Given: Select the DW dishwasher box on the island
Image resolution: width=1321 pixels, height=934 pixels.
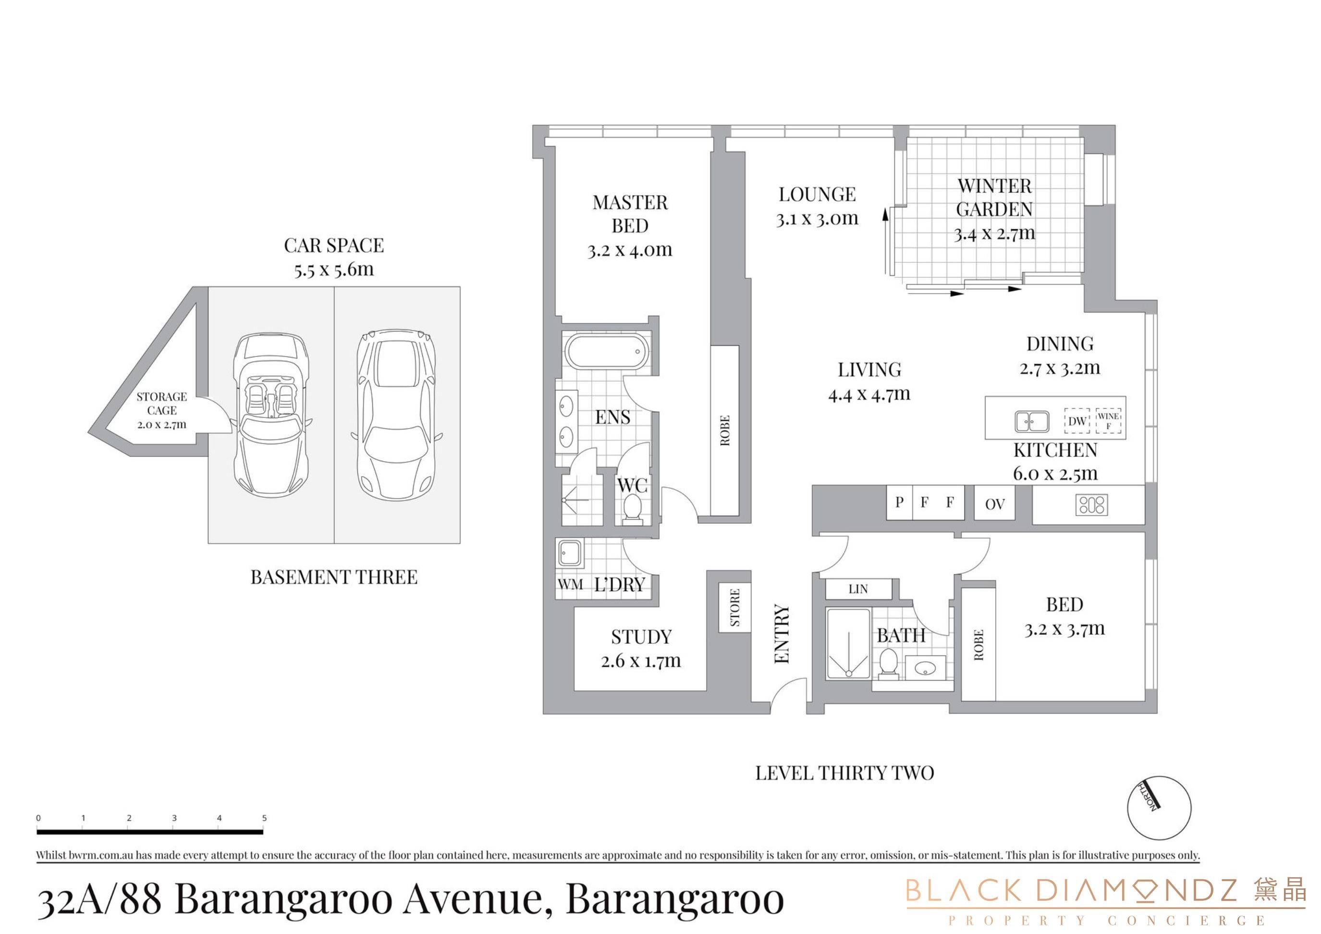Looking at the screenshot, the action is click(1077, 421).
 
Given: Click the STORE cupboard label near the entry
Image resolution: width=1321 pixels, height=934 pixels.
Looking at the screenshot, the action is click(735, 607).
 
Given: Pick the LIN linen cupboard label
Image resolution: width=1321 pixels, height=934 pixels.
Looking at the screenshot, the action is click(858, 589).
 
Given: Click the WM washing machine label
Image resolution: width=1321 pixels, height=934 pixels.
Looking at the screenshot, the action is click(571, 584).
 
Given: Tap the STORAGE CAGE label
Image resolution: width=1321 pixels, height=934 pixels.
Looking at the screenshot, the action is click(162, 404).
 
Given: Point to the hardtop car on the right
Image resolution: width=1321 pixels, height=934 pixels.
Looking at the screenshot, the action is click(396, 416).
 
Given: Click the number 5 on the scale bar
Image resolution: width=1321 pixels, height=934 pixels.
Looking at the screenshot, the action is click(265, 818).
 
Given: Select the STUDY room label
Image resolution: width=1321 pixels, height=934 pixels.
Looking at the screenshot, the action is click(641, 637).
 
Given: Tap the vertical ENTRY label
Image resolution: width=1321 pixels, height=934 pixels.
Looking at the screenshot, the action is click(782, 634).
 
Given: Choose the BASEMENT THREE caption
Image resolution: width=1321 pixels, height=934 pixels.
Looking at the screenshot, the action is click(334, 577).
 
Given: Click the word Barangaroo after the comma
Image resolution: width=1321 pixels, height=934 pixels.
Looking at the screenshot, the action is click(675, 899).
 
